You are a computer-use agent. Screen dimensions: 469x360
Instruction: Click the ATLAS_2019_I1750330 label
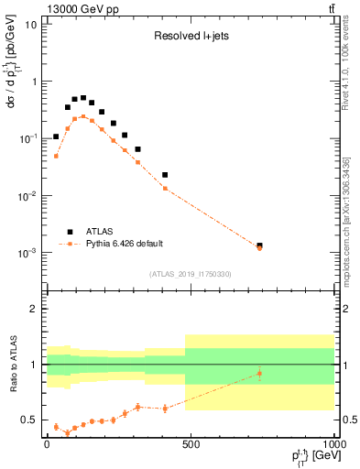tap(190, 274)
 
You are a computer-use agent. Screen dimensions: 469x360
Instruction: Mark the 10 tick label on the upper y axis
tap(31, 24)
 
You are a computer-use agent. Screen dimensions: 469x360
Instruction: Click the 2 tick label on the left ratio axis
tap(32, 309)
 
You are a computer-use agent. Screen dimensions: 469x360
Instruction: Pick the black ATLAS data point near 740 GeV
tap(259, 245)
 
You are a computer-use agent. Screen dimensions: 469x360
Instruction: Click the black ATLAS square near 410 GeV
tap(165, 174)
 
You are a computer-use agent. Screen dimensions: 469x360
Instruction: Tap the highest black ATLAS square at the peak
tap(83, 97)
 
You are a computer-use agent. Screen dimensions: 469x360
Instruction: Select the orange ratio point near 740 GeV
tap(259, 373)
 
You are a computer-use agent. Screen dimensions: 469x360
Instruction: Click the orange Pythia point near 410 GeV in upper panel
tap(165, 188)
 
